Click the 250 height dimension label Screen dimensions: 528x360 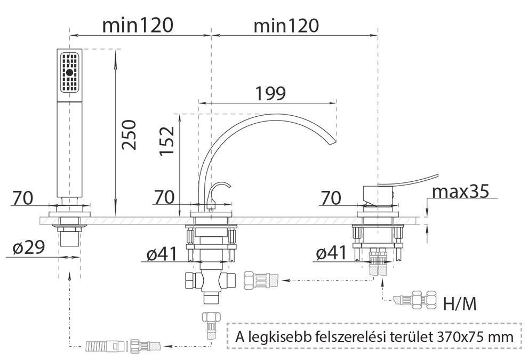[129, 135]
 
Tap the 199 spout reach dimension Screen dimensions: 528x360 [271, 93]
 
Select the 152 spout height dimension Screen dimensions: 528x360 [167, 140]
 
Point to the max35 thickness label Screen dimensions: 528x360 [460, 191]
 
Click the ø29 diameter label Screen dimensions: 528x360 [29, 248]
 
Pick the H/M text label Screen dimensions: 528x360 [460, 304]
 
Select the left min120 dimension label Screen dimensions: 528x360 [138, 25]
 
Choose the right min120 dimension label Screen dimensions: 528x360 [286, 25]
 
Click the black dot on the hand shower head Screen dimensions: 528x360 [70, 72]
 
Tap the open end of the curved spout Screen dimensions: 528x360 [333, 141]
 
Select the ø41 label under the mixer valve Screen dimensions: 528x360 [331, 253]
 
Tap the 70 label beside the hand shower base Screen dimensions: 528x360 [23, 198]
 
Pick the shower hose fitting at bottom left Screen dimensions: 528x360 [123, 346]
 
